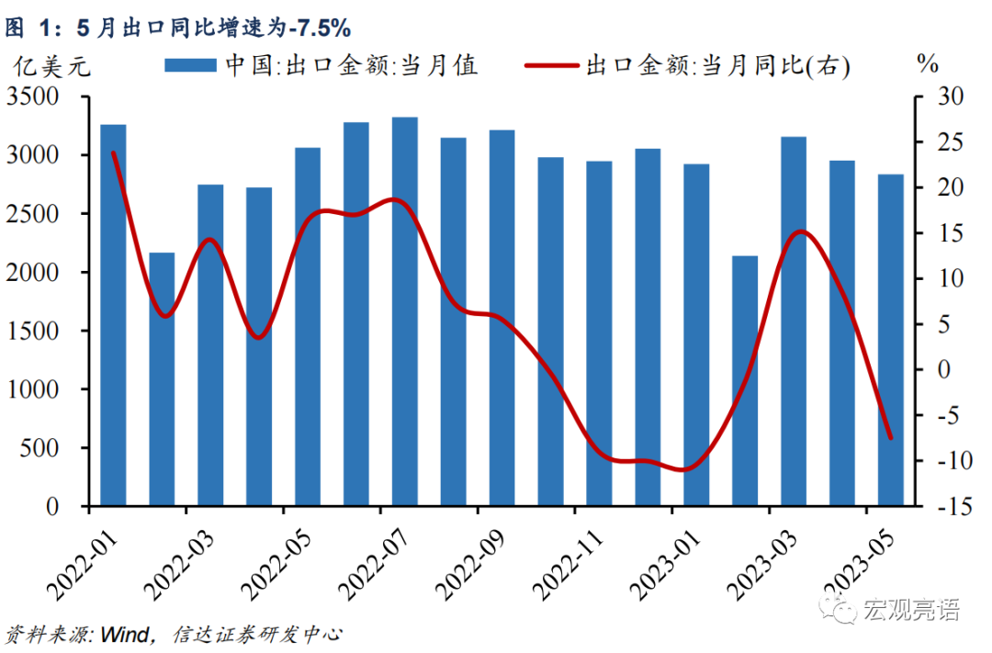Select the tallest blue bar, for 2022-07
point(404,311)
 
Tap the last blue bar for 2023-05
point(890,340)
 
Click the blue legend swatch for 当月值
point(189,65)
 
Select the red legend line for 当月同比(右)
point(550,65)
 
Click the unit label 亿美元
point(51,67)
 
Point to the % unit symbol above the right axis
point(928,64)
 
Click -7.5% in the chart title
point(317,28)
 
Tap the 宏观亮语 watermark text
point(910,609)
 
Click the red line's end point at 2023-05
point(890,437)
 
